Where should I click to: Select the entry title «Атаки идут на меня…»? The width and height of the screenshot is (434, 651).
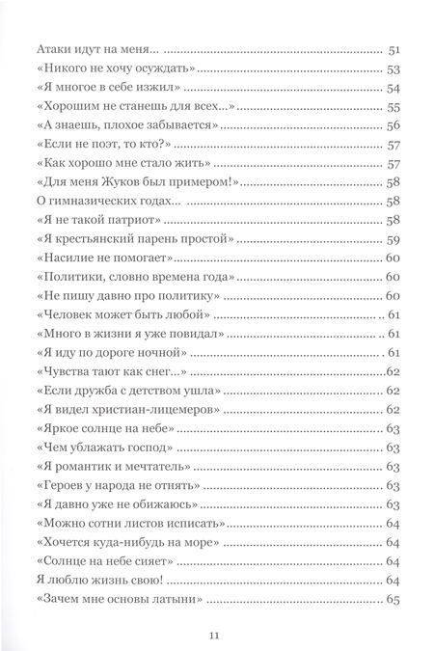96,49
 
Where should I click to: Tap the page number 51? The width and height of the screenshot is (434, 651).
392,49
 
